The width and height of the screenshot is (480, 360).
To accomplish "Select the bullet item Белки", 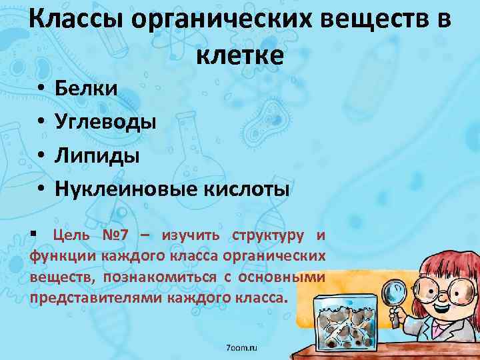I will [x=86, y=87].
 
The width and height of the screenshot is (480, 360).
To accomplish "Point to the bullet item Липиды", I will [x=97, y=156].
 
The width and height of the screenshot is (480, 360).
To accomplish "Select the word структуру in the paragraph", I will [x=269, y=235].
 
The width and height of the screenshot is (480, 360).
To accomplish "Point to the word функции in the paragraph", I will [x=63, y=256].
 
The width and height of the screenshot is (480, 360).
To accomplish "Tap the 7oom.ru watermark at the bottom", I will [x=241, y=348].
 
